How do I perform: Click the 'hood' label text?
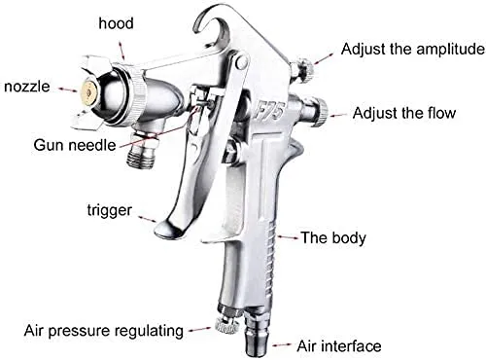pyautogui.click(x=116, y=23)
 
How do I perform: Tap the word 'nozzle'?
pyautogui.click(x=27, y=87)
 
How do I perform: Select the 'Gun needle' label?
pyautogui.click(x=75, y=145)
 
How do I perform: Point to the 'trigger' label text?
pyautogui.click(x=110, y=210)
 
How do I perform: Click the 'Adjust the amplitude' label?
pyautogui.click(x=413, y=49)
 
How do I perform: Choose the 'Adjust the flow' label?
pyautogui.click(x=404, y=113)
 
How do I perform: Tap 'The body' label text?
pyautogui.click(x=333, y=237)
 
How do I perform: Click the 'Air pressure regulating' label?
pyautogui.click(x=104, y=331)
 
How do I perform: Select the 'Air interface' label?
pyautogui.click(x=339, y=346)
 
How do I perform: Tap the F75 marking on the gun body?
pyautogui.click(x=268, y=112)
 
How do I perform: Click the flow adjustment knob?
pyautogui.click(x=322, y=111)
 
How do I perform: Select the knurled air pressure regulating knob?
pyautogui.click(x=226, y=325)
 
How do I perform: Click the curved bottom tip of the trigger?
pyautogui.click(x=168, y=229)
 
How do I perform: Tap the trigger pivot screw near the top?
pyautogui.click(x=241, y=61)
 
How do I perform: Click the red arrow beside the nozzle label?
pyautogui.click(x=68, y=90)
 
